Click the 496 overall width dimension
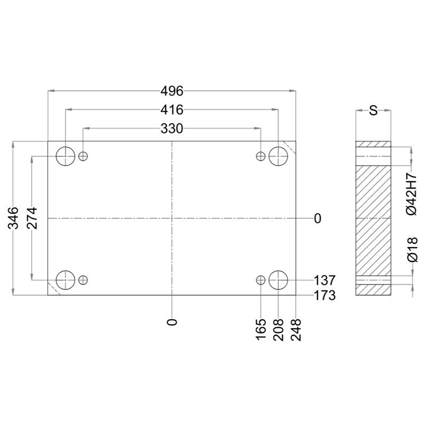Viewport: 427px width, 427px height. (172, 91)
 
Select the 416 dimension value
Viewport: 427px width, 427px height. (172, 110)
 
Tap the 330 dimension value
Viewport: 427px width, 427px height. (172, 129)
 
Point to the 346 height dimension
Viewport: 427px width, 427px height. (13, 218)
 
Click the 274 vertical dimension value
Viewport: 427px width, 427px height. (32, 218)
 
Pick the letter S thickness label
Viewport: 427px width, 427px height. (373, 110)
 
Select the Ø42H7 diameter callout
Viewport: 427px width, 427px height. (412, 194)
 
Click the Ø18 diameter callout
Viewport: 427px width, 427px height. (413, 250)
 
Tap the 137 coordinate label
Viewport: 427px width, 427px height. (325, 280)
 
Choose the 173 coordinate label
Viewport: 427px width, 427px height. (325, 296)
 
